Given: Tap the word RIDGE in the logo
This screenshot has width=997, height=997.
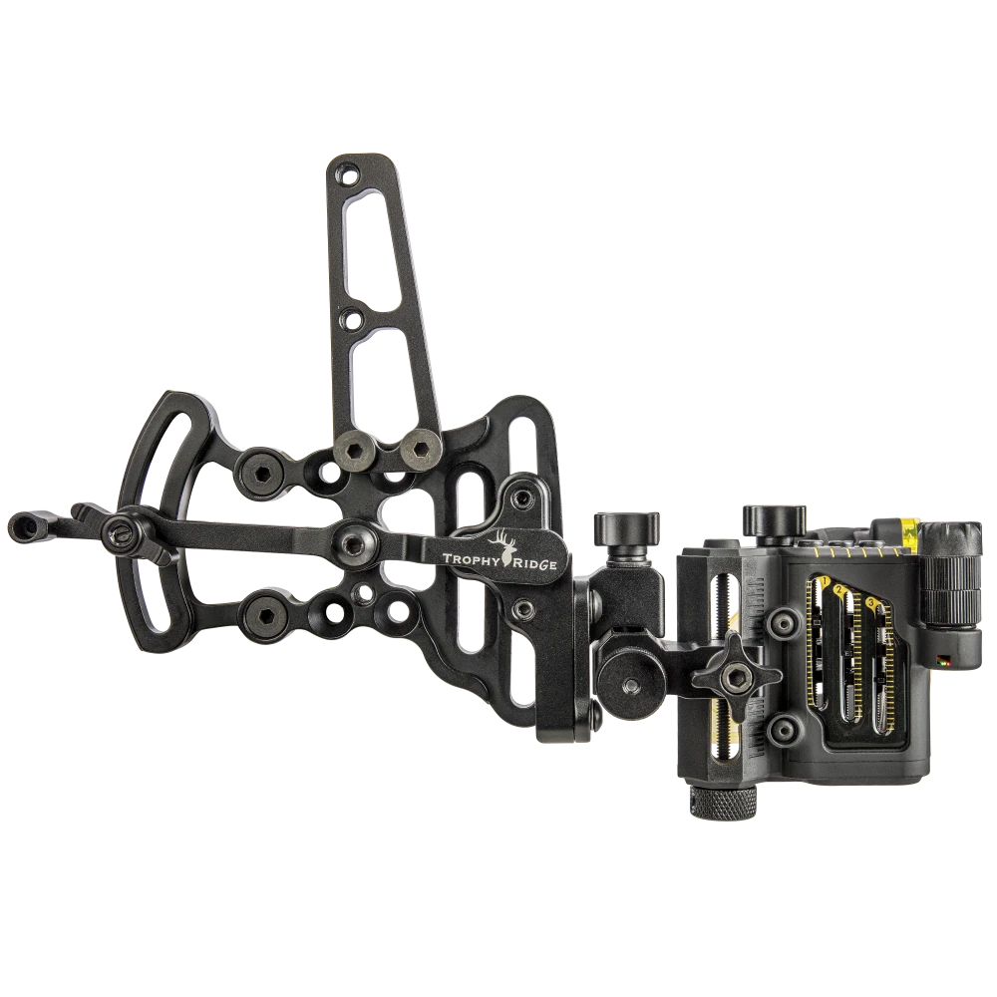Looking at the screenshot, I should click(x=535, y=562).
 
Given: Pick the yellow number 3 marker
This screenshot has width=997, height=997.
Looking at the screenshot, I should click(x=872, y=602).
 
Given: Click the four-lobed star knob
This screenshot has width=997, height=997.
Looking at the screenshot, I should click(x=736, y=677).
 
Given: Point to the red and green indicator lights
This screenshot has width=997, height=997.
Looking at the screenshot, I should click(x=942, y=657).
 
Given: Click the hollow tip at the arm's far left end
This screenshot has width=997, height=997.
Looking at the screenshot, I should click(x=22, y=521).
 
